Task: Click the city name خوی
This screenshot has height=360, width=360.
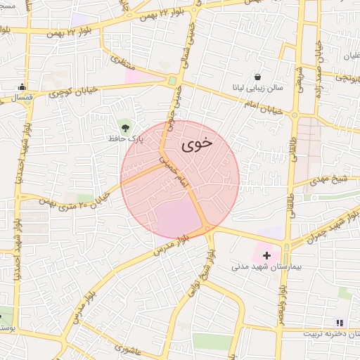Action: [197, 145]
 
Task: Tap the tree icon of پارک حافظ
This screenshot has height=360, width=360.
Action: [125, 127]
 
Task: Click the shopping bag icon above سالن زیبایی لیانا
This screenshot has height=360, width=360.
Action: [258, 77]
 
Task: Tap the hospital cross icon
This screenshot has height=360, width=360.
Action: [266, 255]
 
